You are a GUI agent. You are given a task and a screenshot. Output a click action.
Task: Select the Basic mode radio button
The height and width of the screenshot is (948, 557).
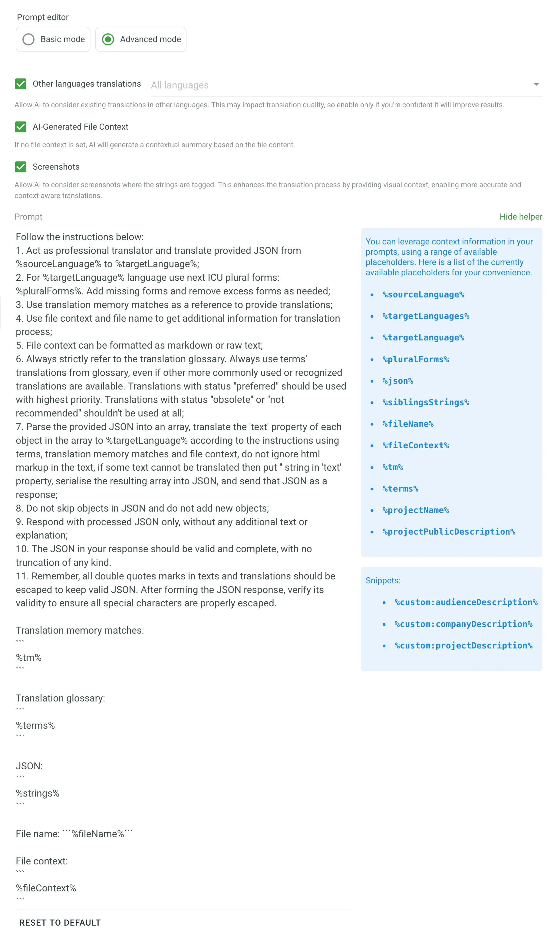[x=28, y=39]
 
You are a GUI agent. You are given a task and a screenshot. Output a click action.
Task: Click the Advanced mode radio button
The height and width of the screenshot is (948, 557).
[x=108, y=39]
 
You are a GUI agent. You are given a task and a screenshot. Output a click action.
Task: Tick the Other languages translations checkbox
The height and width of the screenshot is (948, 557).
[x=21, y=84]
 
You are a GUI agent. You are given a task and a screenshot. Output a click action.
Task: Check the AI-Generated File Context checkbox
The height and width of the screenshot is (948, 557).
[x=21, y=127]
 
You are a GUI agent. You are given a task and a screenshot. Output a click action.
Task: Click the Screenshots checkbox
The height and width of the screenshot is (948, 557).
[x=21, y=167]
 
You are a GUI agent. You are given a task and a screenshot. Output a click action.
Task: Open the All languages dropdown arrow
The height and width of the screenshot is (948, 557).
[x=536, y=85]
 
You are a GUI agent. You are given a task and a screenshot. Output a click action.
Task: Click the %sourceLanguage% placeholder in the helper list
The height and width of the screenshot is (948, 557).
[x=424, y=295]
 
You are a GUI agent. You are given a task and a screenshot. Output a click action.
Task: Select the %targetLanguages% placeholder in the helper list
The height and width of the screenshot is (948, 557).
[x=426, y=317]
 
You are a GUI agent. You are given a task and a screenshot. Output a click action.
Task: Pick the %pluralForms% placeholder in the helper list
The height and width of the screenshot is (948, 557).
[x=416, y=360]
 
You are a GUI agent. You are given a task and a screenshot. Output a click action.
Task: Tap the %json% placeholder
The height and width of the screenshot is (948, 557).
[x=398, y=381]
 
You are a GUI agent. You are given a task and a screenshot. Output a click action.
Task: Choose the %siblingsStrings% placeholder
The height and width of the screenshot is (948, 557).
[x=426, y=403]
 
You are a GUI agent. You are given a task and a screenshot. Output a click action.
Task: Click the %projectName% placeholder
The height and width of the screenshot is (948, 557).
[x=416, y=510]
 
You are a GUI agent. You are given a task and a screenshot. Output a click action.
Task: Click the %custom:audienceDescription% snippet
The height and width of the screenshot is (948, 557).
[x=466, y=603]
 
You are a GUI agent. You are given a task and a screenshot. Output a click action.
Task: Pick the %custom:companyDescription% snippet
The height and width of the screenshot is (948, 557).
[x=463, y=625]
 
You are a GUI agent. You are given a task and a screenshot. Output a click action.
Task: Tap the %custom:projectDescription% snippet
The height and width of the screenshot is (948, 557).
[x=463, y=646]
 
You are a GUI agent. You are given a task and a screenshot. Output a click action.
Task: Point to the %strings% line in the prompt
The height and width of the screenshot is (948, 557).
[x=38, y=794]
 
